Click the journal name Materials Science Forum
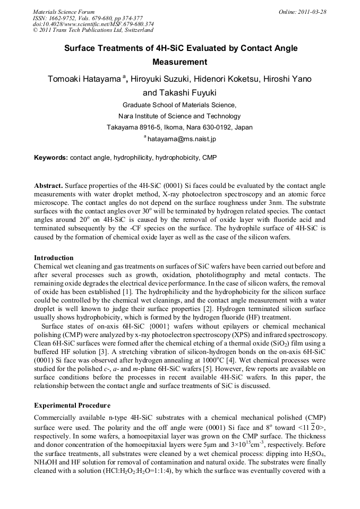coord(64,11)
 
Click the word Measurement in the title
coord(179,62)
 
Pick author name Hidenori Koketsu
coord(225,79)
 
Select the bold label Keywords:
coord(51,158)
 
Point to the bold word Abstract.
coord(48,186)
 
